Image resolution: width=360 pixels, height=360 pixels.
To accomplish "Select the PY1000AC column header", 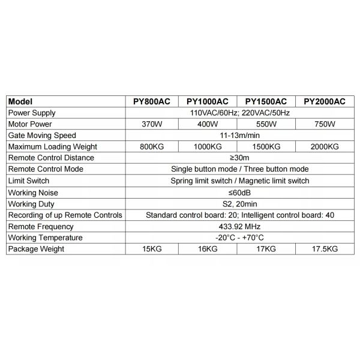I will pyautogui.click(x=208, y=101).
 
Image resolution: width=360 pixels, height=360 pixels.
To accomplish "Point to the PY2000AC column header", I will pyautogui.click(x=325, y=101).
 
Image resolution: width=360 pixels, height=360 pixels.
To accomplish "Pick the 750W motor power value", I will pyautogui.click(x=325, y=124).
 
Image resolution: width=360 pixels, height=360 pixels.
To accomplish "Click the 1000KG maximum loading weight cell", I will pyautogui.click(x=208, y=146).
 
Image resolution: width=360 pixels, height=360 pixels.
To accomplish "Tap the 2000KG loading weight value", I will pyautogui.click(x=325, y=146).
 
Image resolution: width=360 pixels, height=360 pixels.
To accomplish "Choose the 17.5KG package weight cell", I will pyautogui.click(x=325, y=248).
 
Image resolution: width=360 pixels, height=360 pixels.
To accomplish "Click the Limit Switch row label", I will pyautogui.click(x=30, y=181).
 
